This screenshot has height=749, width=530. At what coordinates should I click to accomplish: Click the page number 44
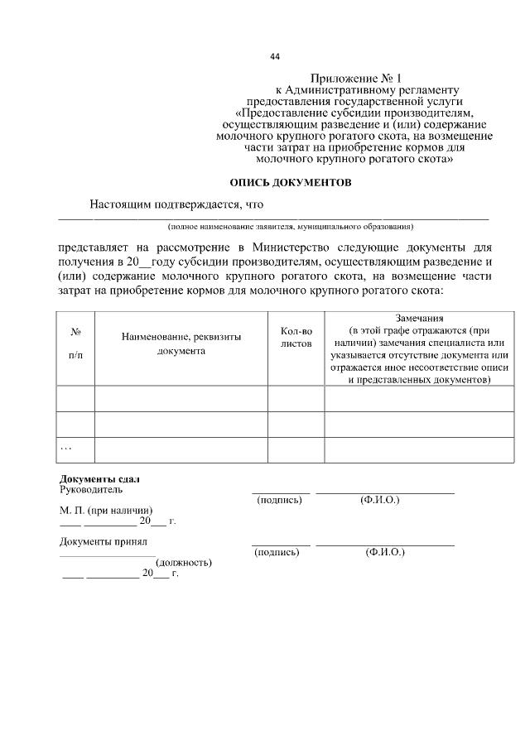(275, 56)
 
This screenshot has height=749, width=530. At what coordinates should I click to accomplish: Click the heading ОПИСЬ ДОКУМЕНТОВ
(290, 181)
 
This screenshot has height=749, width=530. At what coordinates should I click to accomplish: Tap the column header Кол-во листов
(296, 336)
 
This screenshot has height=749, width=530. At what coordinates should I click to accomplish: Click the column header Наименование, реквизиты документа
(181, 343)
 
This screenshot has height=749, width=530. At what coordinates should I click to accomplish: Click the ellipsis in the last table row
(66, 447)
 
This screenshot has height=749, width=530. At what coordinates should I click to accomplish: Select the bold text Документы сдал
(99, 479)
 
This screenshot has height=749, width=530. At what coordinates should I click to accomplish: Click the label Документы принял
(103, 542)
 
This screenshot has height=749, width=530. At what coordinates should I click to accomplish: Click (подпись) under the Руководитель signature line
(279, 501)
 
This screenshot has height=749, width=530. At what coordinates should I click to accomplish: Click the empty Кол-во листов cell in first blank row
(296, 398)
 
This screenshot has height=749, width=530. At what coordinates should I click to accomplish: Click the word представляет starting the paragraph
(94, 247)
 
